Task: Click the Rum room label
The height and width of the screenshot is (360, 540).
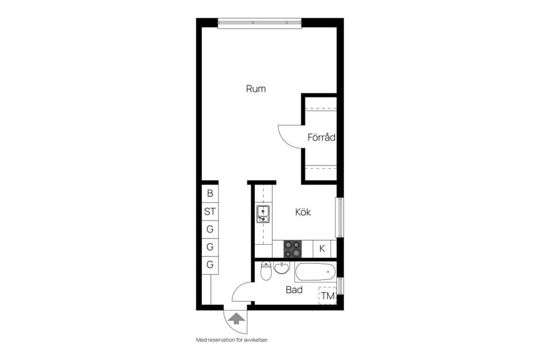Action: [x=256, y=89]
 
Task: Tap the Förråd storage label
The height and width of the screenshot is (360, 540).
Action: [x=321, y=137]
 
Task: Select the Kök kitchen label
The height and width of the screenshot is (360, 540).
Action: [x=303, y=213]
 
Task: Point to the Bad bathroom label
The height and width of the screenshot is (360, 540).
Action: [x=294, y=290]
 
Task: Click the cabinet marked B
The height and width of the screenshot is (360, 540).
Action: [x=210, y=193]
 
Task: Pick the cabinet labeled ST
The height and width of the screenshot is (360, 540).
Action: [x=210, y=212]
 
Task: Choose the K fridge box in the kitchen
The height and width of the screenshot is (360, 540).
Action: [x=322, y=248]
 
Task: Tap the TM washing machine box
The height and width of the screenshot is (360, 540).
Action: [x=327, y=296]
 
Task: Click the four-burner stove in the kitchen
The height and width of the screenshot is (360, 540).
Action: [x=292, y=249]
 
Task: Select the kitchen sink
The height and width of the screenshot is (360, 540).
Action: [x=263, y=214]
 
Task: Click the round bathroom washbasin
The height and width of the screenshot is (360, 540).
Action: [x=282, y=269]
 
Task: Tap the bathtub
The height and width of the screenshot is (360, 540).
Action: [x=315, y=272]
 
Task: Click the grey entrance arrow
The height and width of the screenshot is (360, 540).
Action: [x=236, y=320]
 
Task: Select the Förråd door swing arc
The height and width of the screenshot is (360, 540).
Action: [x=290, y=137]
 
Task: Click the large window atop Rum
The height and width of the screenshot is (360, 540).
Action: [x=259, y=23]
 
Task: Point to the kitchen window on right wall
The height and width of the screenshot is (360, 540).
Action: [x=339, y=217]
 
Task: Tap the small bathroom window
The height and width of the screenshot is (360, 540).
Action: [x=340, y=286]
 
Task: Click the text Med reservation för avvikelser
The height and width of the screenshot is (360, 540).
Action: [x=236, y=340]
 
